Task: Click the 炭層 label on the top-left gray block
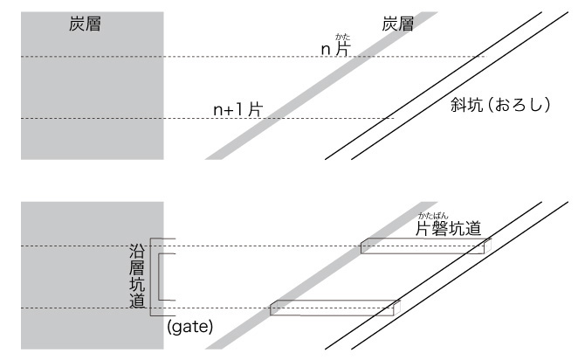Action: (x=86, y=25)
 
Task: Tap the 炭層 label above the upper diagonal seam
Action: (x=398, y=25)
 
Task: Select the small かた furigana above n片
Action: (x=342, y=37)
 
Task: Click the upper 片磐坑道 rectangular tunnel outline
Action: (x=423, y=246)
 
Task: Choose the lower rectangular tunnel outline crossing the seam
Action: (x=335, y=307)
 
